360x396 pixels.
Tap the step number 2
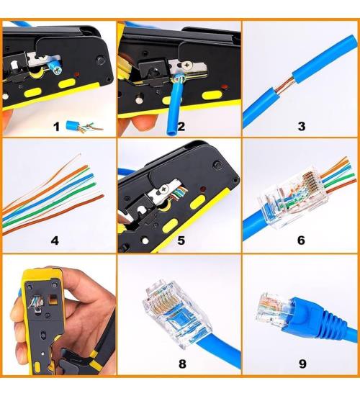click(181, 127)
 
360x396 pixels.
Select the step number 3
click(301, 127)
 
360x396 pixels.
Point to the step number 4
click(55, 240)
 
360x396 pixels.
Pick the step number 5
click(181, 240)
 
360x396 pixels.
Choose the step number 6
click(301, 240)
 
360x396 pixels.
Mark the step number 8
click(181, 364)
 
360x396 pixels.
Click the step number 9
click(301, 364)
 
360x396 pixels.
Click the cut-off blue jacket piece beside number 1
click(72, 125)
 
